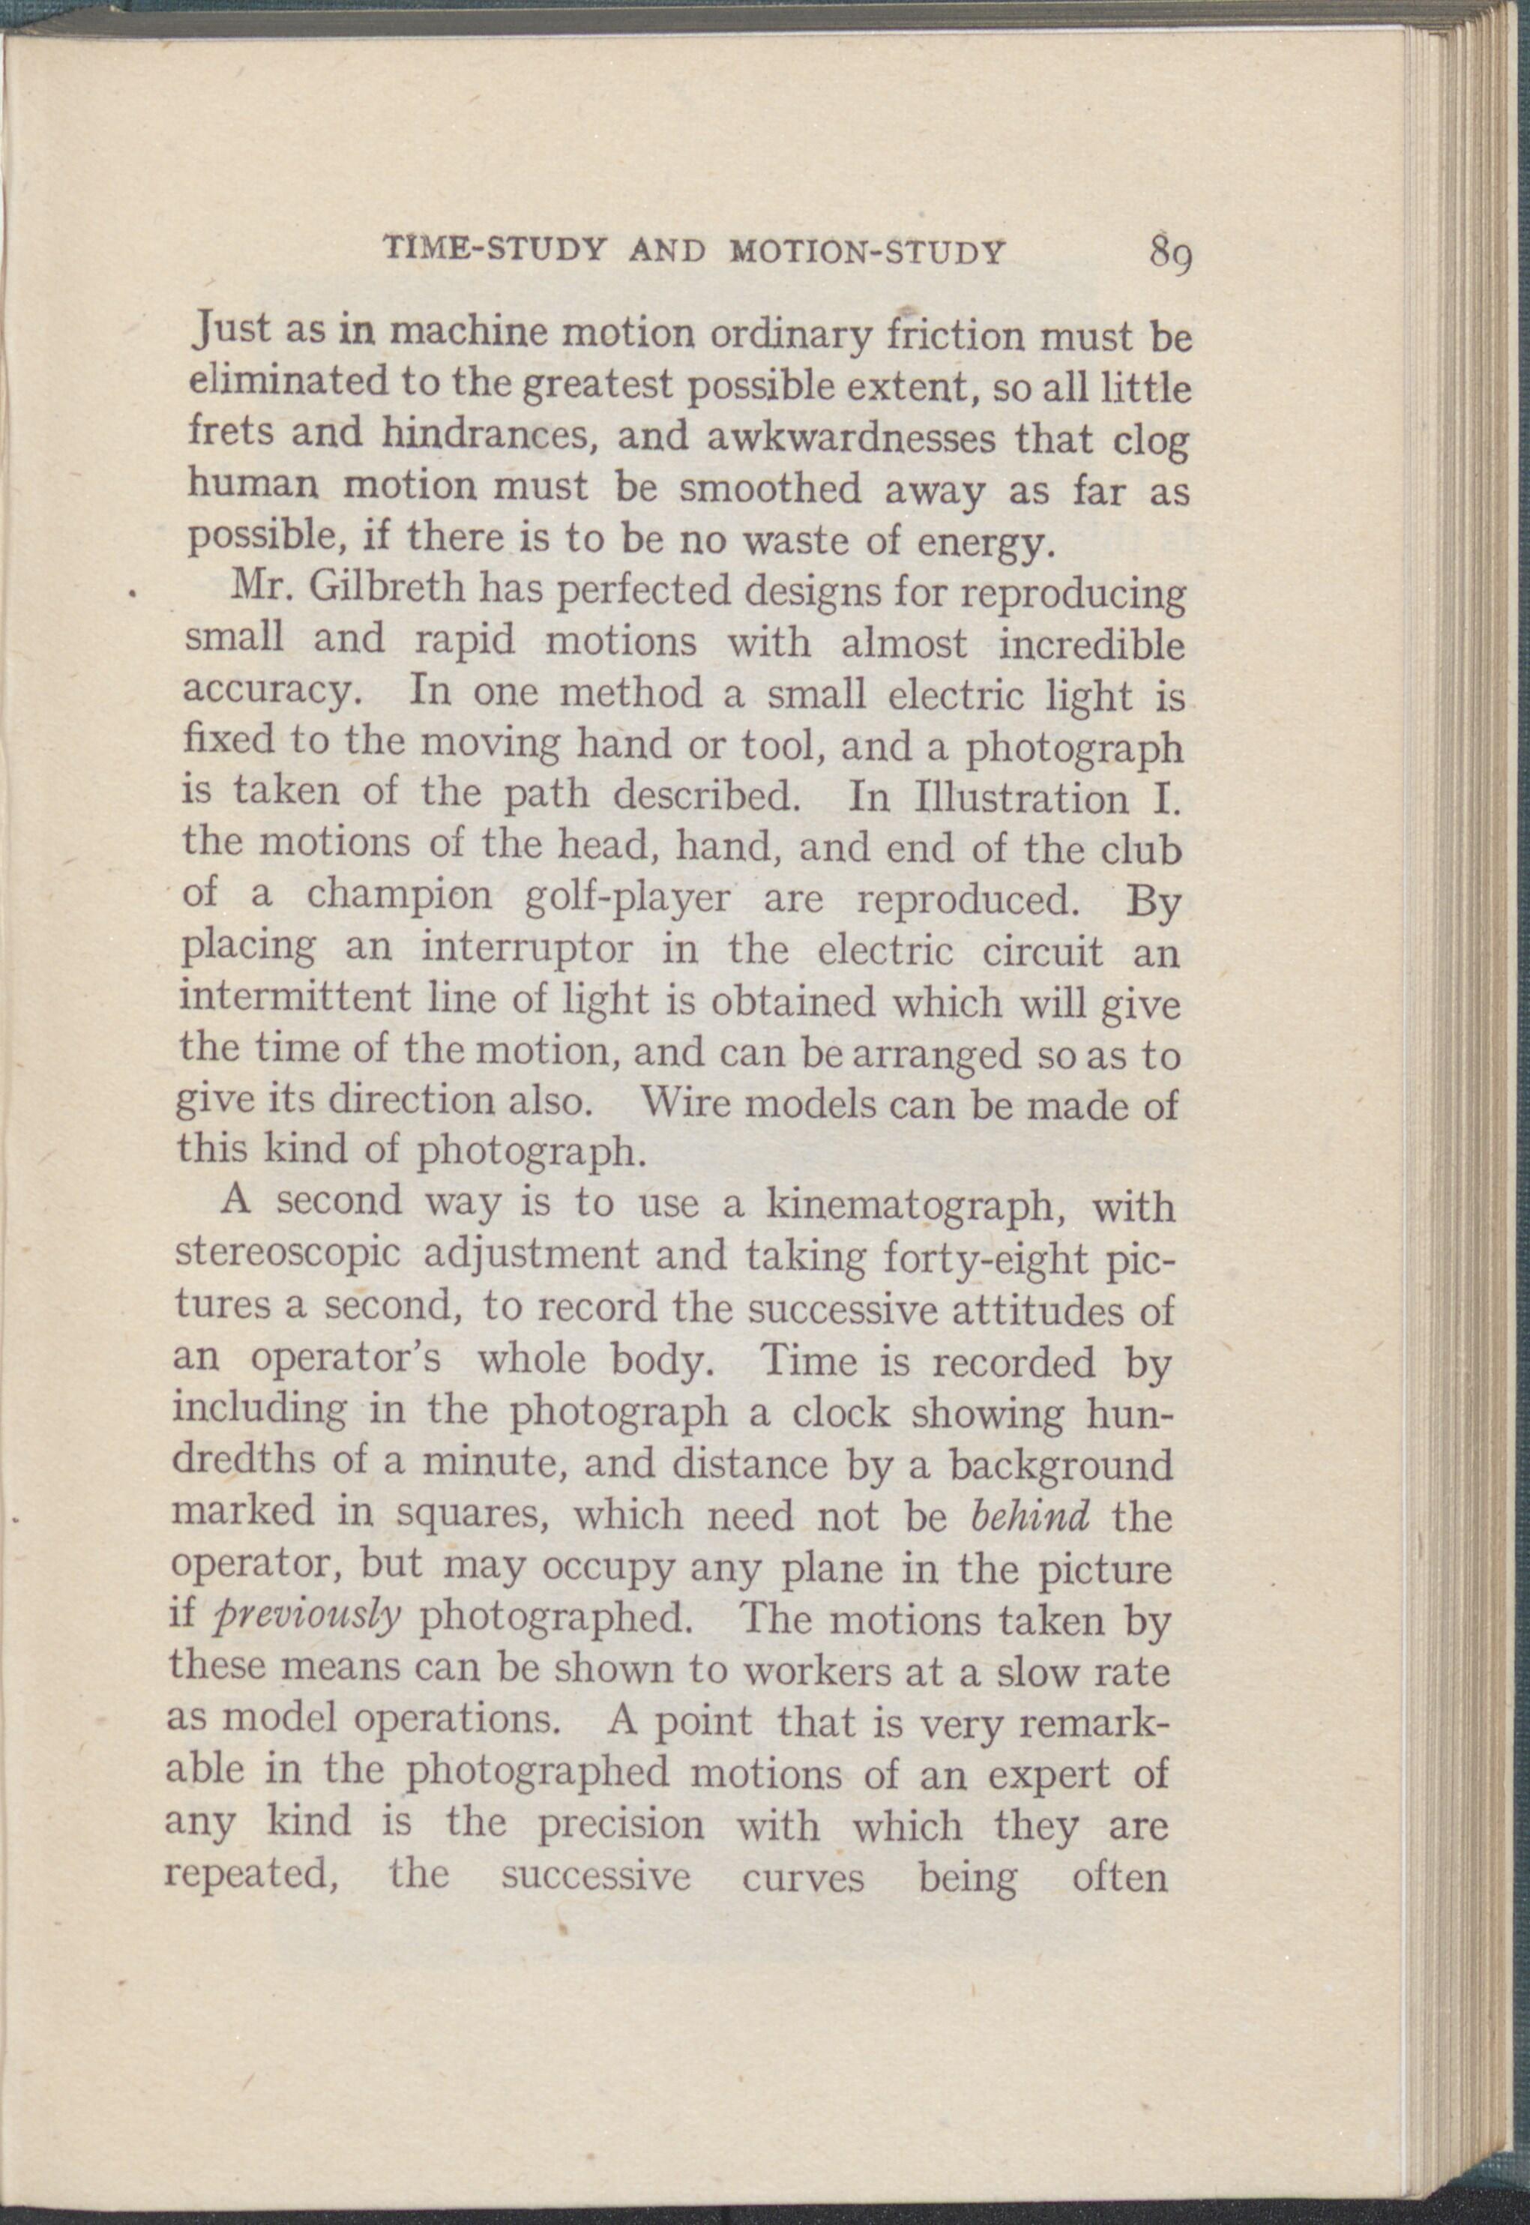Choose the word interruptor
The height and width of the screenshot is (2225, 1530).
pos(526,949)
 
